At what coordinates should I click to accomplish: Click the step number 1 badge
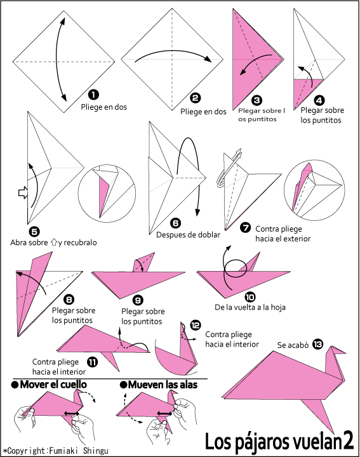[93, 95]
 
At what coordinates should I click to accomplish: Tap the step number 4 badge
[319, 100]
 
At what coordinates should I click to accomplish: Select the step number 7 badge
[246, 227]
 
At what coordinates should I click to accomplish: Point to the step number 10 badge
[250, 297]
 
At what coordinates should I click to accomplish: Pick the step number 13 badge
[317, 344]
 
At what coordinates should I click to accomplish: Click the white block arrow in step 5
[23, 192]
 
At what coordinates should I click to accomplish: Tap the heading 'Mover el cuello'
[49, 385]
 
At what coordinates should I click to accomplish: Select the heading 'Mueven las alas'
[159, 385]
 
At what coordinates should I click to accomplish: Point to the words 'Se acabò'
[293, 345]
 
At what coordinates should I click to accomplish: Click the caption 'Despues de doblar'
[188, 235]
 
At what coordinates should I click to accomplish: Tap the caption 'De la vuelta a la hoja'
[250, 307]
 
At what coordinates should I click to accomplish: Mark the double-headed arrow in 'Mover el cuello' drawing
[72, 413]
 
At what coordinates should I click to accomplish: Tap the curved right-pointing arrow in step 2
[173, 54]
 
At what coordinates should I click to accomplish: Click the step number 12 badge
[196, 325]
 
